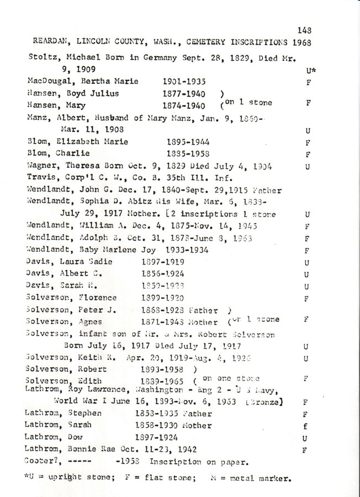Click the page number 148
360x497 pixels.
click(304, 31)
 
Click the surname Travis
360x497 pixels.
click(41, 177)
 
